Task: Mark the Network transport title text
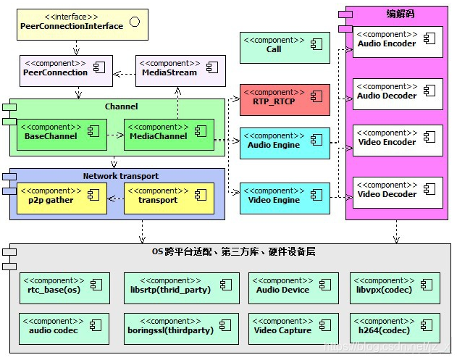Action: (x=120, y=176)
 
